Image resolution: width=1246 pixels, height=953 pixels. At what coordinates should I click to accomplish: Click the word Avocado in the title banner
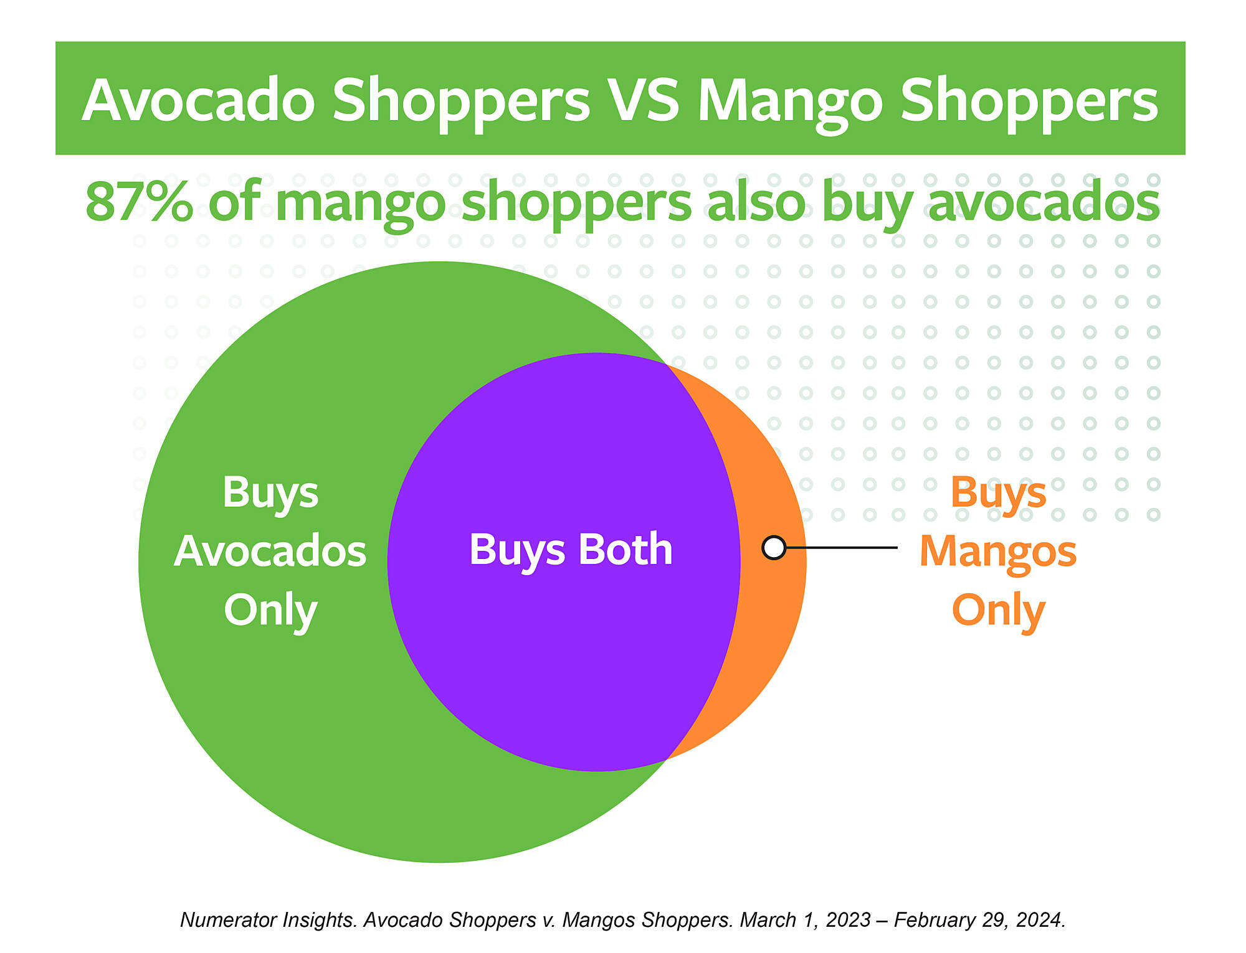(x=199, y=100)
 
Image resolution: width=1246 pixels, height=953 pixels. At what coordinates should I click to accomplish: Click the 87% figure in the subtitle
(x=139, y=201)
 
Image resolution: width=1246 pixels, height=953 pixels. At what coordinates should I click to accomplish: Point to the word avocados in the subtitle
(x=1044, y=201)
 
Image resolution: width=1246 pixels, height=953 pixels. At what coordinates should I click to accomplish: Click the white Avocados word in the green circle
(x=270, y=552)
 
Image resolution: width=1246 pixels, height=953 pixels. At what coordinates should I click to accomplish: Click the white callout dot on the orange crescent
(x=774, y=548)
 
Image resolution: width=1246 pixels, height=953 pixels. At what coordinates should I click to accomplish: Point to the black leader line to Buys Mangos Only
(x=841, y=548)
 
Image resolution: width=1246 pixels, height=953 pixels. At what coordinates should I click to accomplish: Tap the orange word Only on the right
(x=999, y=611)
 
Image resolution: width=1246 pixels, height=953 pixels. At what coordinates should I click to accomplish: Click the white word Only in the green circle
(x=271, y=611)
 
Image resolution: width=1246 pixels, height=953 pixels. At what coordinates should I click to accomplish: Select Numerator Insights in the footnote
(x=269, y=920)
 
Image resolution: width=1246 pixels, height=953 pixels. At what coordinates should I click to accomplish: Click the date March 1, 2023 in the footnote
(x=805, y=920)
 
